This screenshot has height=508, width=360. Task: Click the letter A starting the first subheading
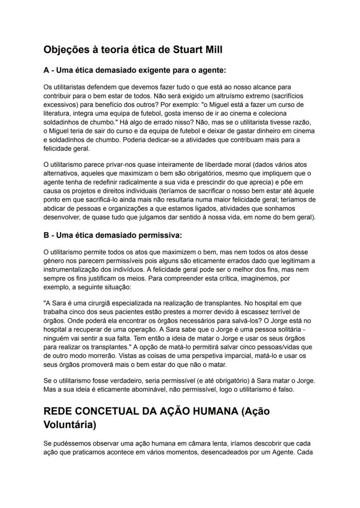(46, 70)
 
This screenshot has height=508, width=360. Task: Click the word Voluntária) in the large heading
(70, 425)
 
